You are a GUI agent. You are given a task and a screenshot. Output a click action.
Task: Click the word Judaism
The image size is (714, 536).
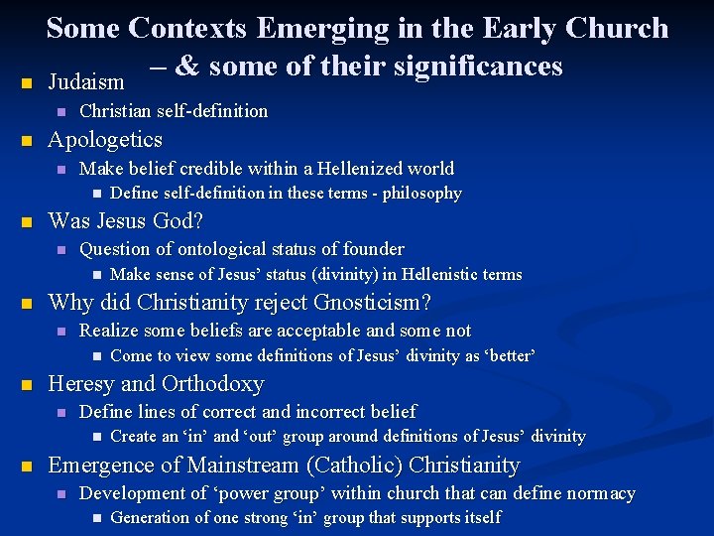tap(86, 80)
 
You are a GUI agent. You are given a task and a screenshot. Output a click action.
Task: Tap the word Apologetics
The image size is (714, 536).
tap(105, 140)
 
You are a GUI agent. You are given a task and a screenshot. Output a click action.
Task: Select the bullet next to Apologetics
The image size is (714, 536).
tap(27, 141)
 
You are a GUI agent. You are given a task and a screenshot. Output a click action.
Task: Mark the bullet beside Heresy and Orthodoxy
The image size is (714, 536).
tap(27, 385)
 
